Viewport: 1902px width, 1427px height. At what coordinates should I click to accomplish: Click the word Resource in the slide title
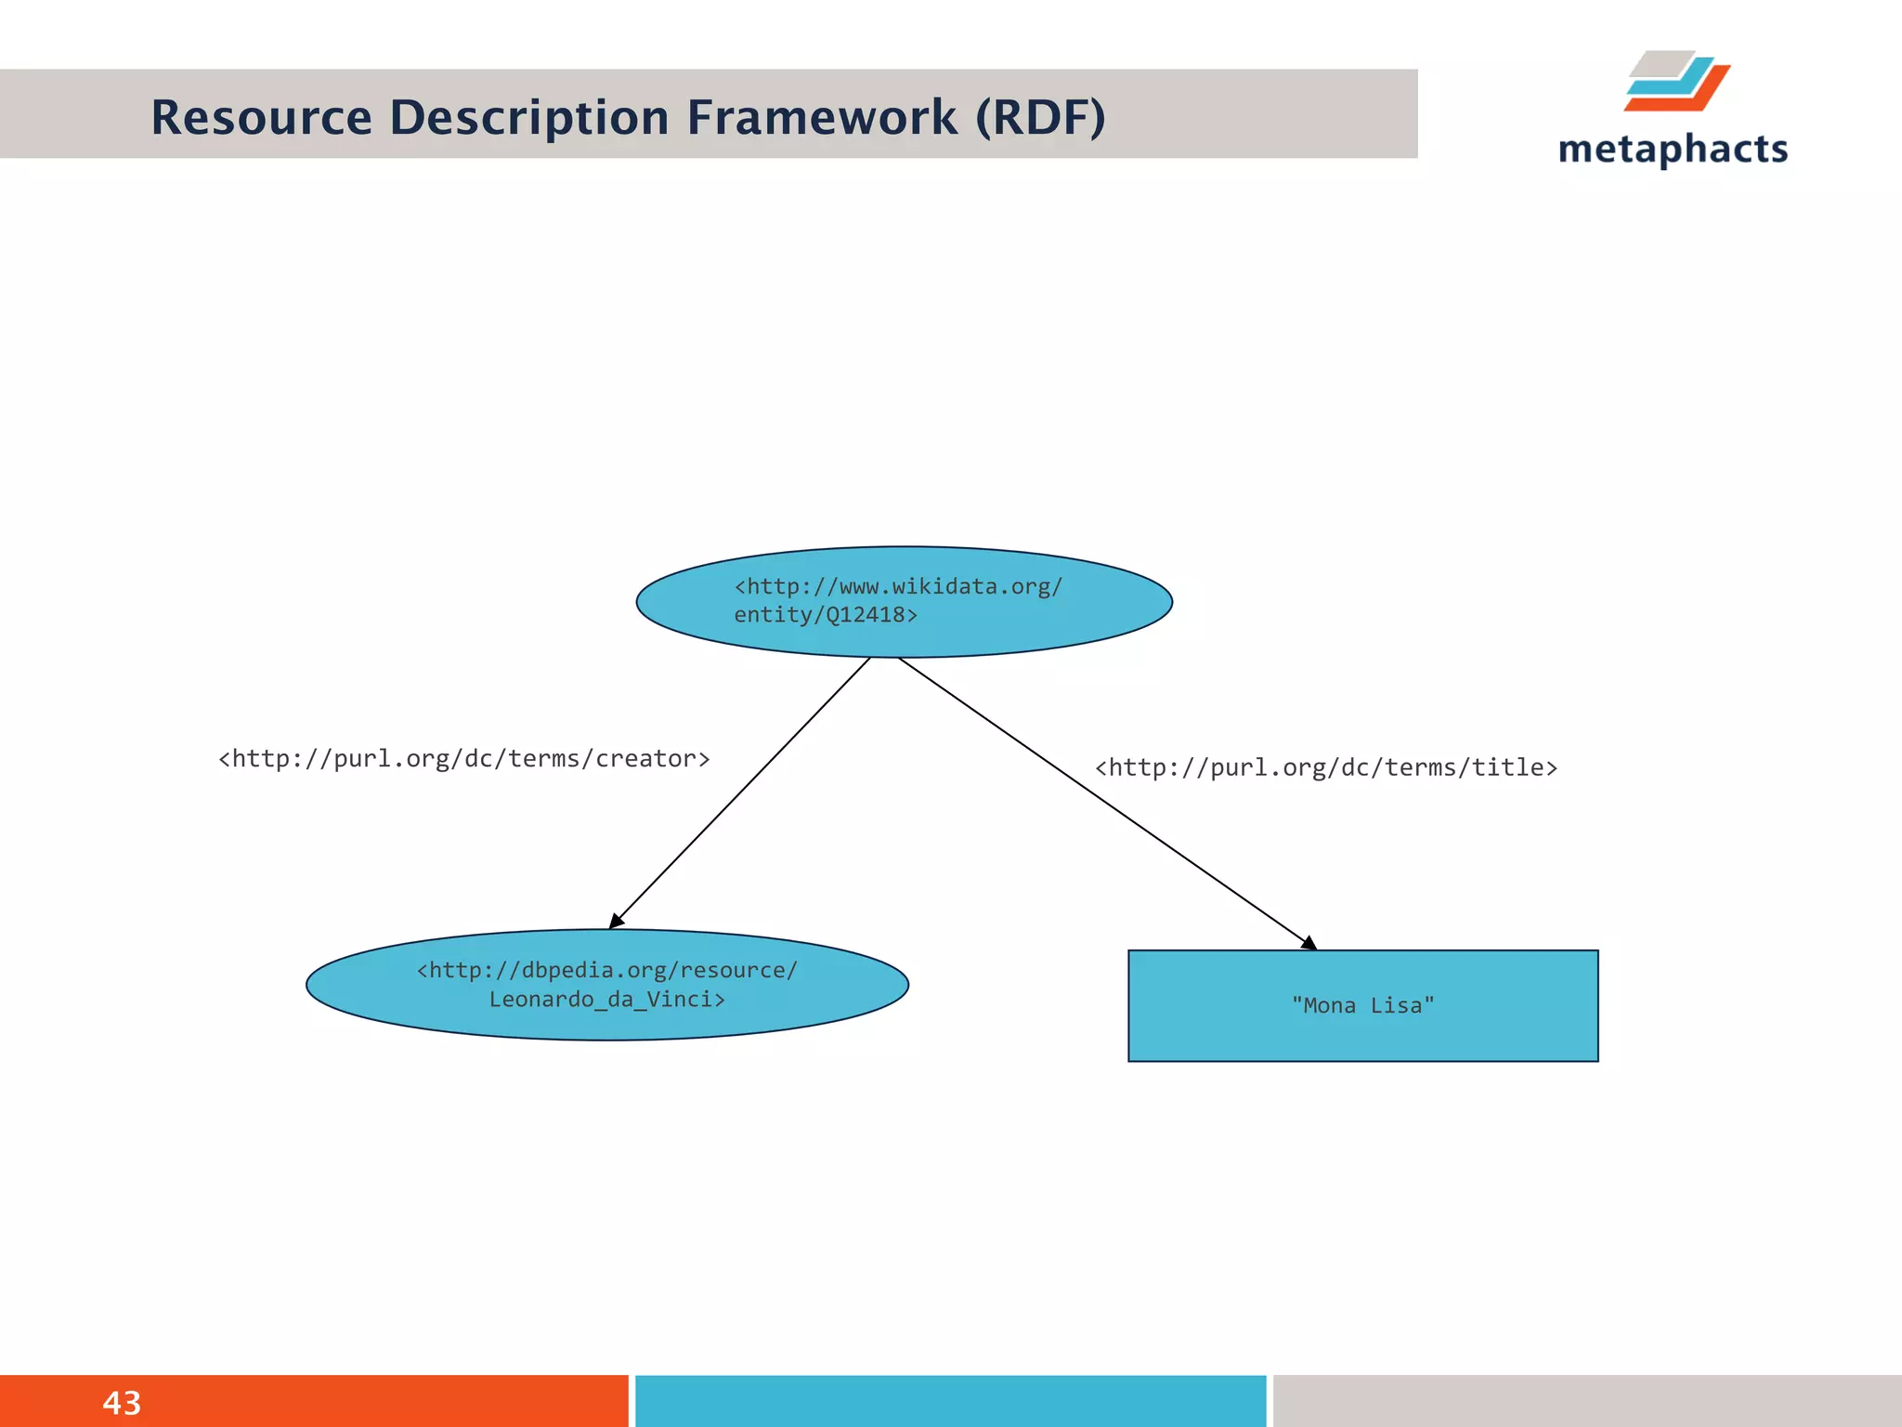(x=261, y=118)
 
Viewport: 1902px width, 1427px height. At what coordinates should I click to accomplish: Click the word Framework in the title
(x=822, y=118)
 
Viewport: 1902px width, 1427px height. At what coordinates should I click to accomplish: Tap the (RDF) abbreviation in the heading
(x=1040, y=118)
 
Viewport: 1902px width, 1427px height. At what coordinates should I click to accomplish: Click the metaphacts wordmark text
(x=1673, y=150)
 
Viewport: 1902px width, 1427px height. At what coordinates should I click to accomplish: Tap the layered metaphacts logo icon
(x=1676, y=82)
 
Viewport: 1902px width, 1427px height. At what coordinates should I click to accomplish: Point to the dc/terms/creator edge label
(x=463, y=759)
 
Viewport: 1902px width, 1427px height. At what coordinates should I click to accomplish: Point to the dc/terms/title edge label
(x=1325, y=767)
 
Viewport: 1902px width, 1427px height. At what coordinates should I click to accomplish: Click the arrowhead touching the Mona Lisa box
(x=1309, y=943)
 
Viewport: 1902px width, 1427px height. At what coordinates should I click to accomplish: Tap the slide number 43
(x=122, y=1403)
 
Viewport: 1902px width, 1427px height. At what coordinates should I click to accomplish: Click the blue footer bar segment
(x=950, y=1401)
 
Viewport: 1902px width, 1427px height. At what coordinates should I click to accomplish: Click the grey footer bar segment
(x=1586, y=1401)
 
